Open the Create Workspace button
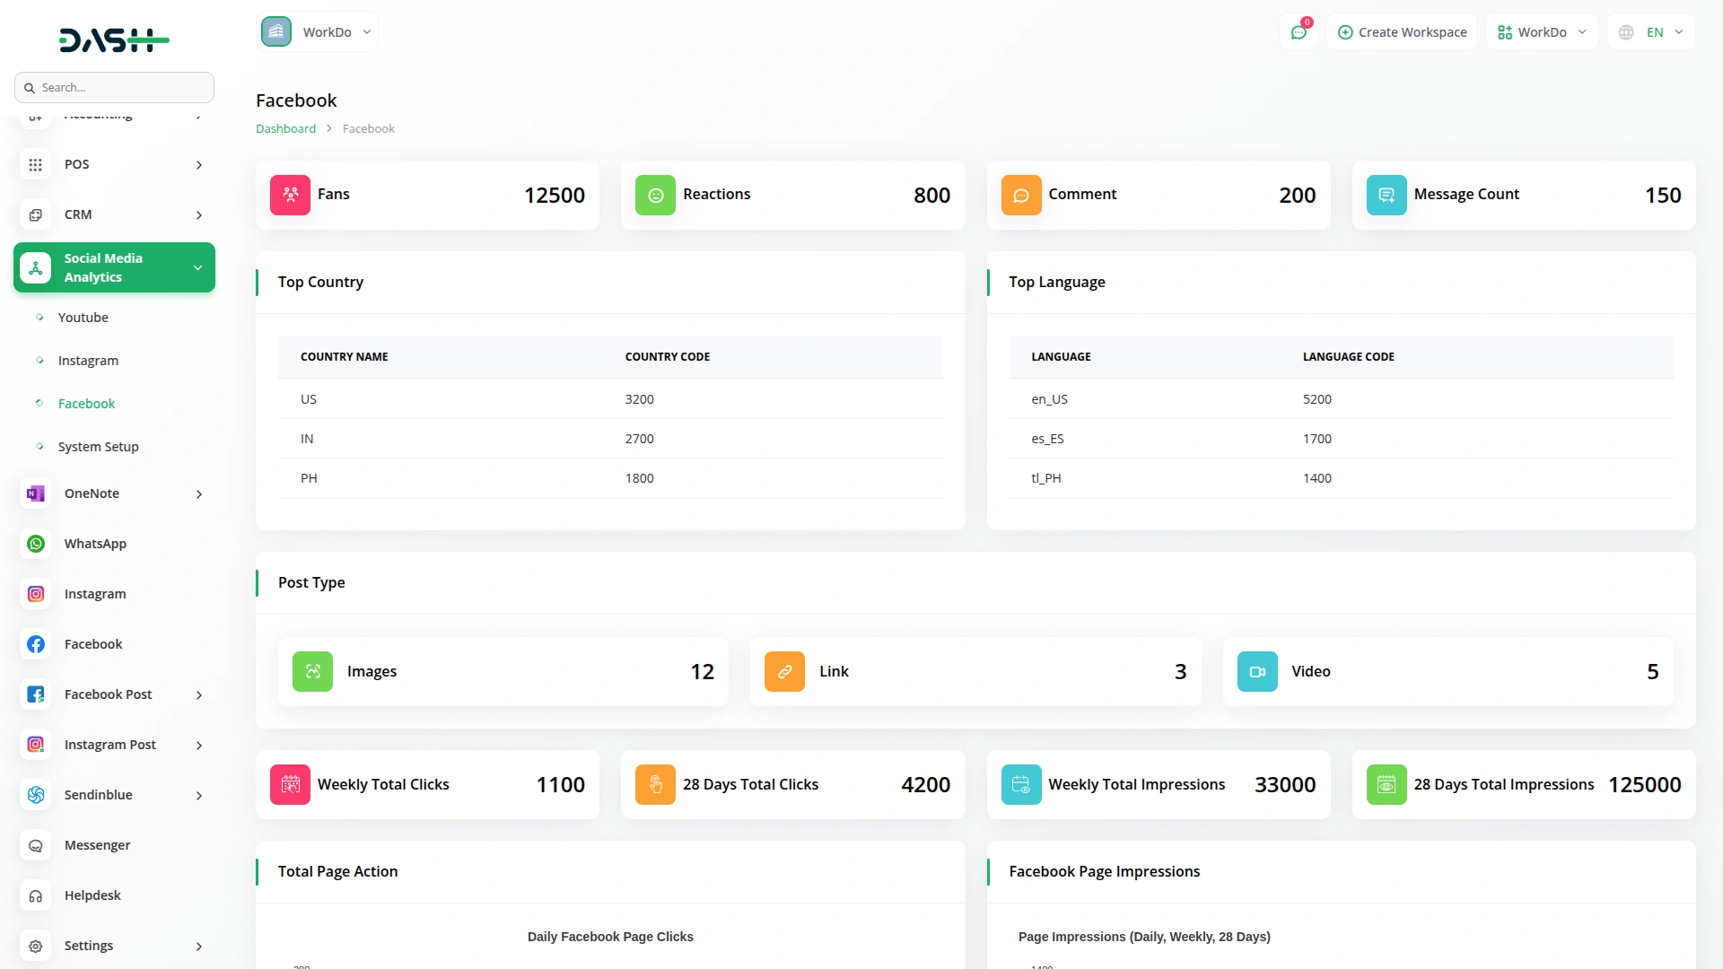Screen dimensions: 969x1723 pyautogui.click(x=1402, y=32)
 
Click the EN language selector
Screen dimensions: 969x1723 pyautogui.click(x=1652, y=32)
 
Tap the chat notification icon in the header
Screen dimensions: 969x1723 pyautogui.click(x=1299, y=32)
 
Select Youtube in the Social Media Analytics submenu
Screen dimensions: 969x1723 pyautogui.click(x=83, y=318)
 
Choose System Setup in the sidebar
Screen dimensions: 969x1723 pyautogui.click(x=98, y=447)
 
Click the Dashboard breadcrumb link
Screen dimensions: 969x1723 pyautogui.click(x=285, y=129)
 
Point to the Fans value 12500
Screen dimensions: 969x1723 pyautogui.click(x=554, y=196)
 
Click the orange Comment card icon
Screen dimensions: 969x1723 pyautogui.click(x=1021, y=196)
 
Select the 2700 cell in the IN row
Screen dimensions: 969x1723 pyautogui.click(x=639, y=439)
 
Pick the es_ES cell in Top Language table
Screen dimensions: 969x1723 pyautogui.click(x=1047, y=439)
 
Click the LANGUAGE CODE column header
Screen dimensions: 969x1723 pyautogui.click(x=1348, y=357)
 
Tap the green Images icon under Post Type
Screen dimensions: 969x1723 pyautogui.click(x=312, y=672)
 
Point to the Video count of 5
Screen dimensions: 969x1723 pyautogui.click(x=1652, y=672)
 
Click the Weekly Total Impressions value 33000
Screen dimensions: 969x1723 pyautogui.click(x=1284, y=785)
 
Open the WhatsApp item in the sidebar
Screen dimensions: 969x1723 pyautogui.click(x=95, y=544)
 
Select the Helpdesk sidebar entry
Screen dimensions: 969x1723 pyautogui.click(x=92, y=895)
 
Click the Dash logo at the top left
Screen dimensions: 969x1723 pyautogui.click(x=114, y=39)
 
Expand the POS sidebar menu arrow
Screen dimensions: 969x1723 pyautogui.click(x=199, y=165)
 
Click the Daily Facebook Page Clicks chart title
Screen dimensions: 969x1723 pyautogui.click(x=610, y=937)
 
